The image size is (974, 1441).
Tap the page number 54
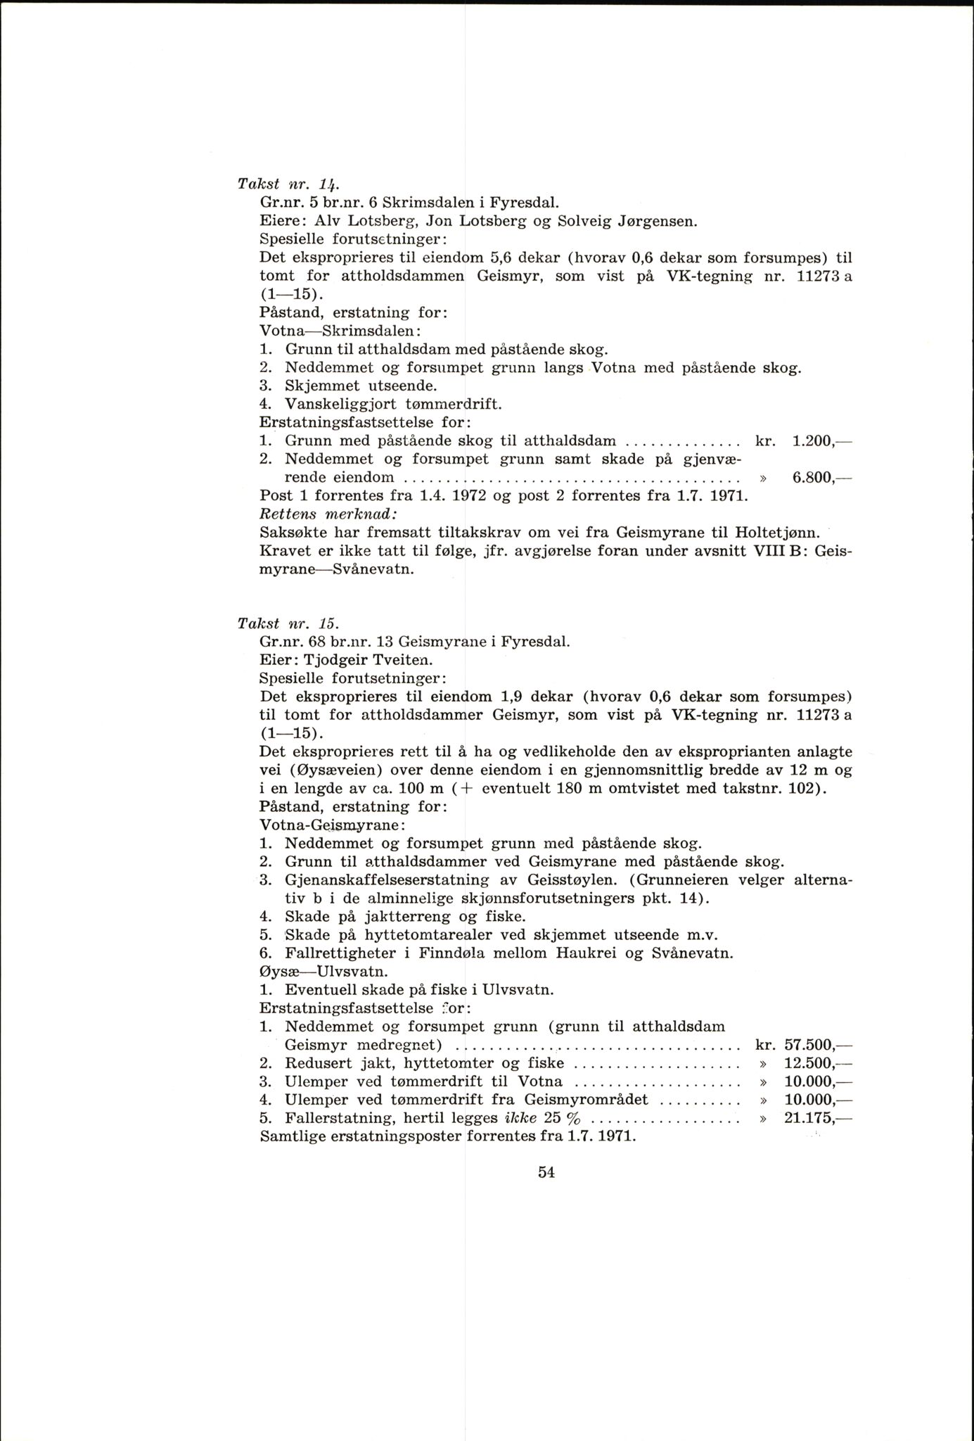coord(546,1172)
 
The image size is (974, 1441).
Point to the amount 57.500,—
coord(817,1045)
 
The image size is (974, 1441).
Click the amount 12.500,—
coord(817,1063)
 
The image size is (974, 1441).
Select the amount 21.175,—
coord(817,1119)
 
